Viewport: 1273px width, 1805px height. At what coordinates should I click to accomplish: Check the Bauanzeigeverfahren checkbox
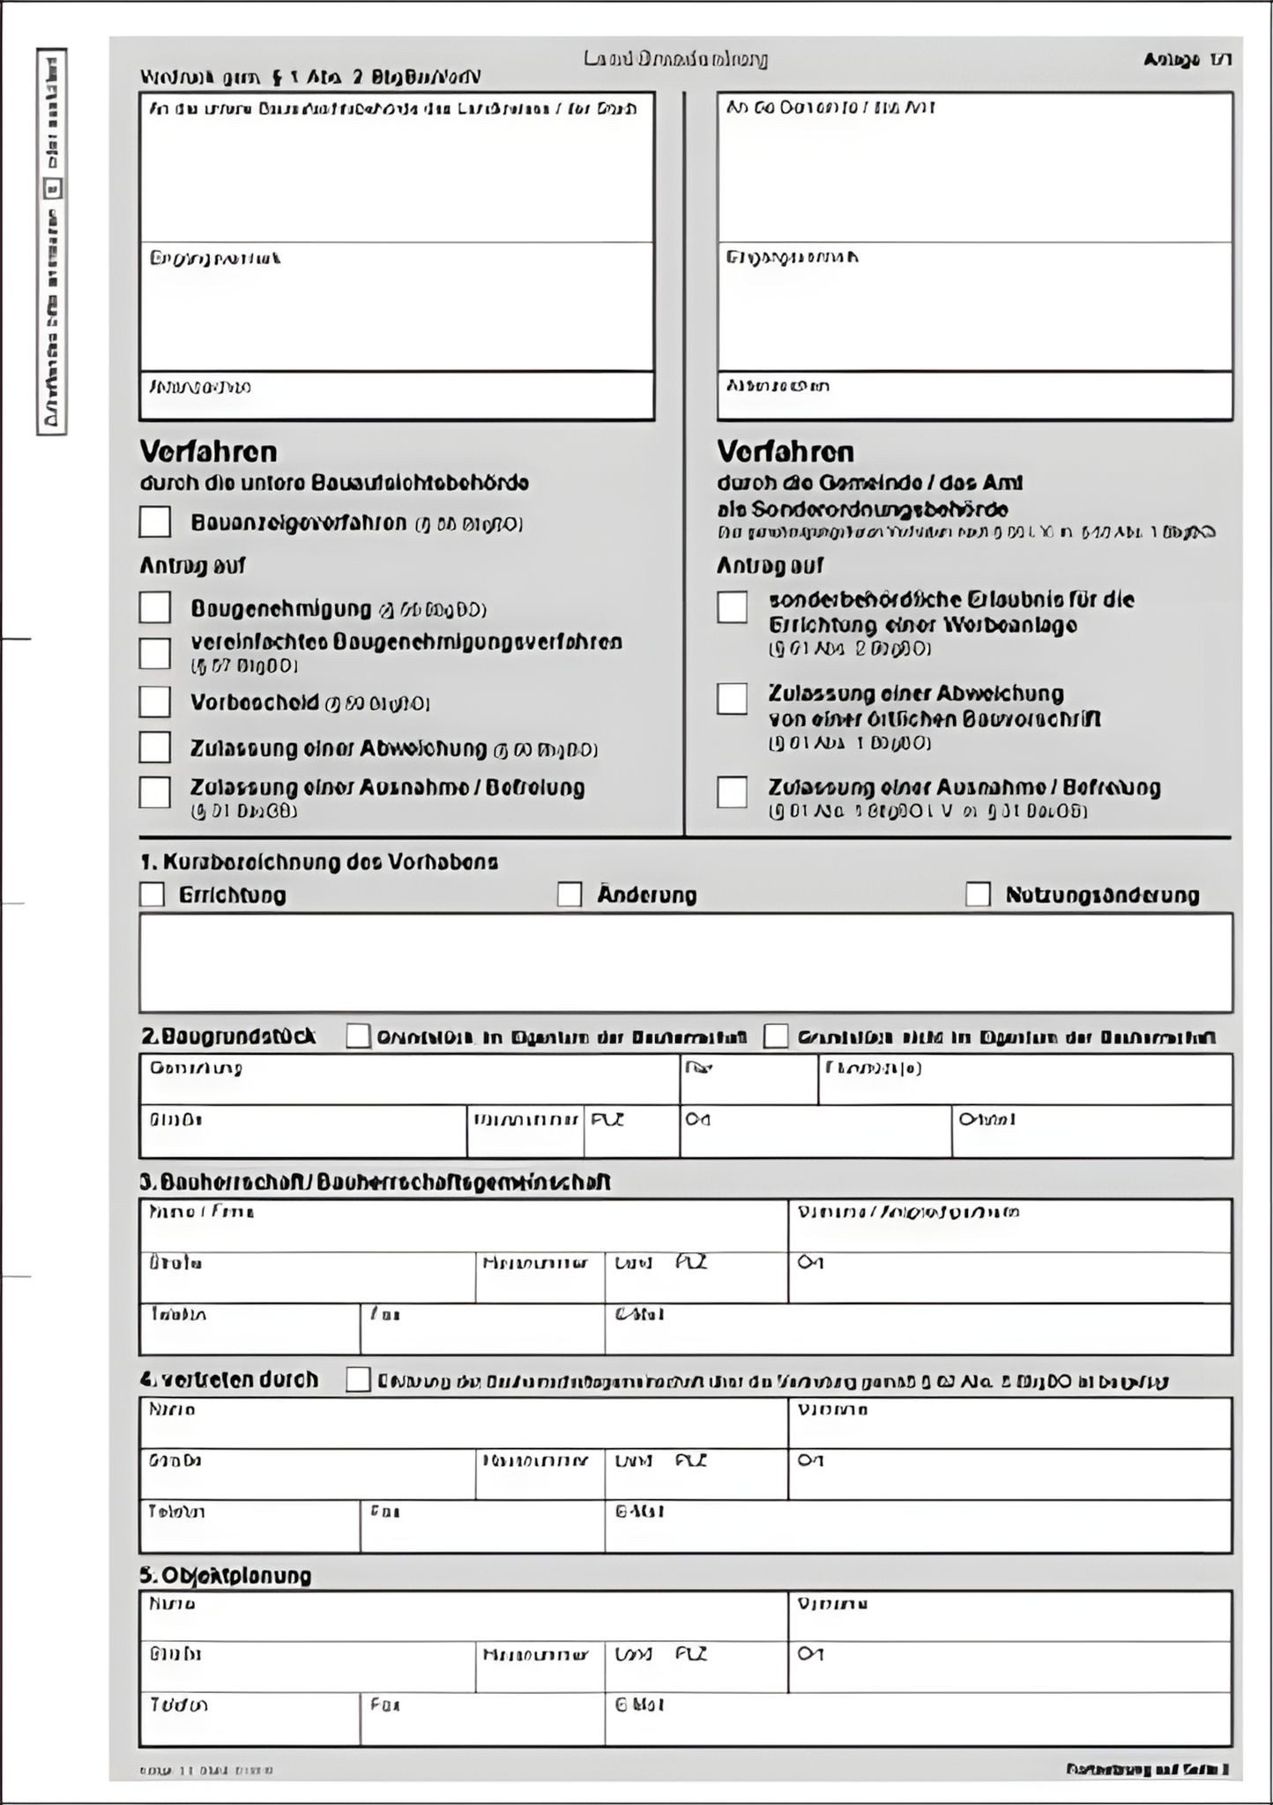pyautogui.click(x=155, y=522)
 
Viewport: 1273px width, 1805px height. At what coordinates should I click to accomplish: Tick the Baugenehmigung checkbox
pyautogui.click(x=155, y=607)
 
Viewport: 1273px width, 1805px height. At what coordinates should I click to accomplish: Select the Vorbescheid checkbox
pyautogui.click(x=155, y=702)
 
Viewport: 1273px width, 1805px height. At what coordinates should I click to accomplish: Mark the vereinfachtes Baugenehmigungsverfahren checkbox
pyautogui.click(x=155, y=653)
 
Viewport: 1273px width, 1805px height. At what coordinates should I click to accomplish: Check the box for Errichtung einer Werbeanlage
pyautogui.click(x=732, y=607)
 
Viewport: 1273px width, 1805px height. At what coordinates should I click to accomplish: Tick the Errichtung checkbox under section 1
pyautogui.click(x=153, y=895)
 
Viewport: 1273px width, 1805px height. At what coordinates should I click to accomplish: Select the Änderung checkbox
pyautogui.click(x=569, y=895)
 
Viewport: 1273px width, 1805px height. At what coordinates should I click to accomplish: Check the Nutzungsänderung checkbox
pyautogui.click(x=978, y=895)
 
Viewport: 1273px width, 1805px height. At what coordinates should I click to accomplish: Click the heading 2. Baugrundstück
pyautogui.click(x=228, y=1036)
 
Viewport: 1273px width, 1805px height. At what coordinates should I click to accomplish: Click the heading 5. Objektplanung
pyautogui.click(x=226, y=1575)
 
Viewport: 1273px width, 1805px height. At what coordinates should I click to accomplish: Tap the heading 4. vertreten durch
pyautogui.click(x=229, y=1379)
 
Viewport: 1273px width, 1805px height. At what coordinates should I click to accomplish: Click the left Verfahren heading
pyautogui.click(x=209, y=452)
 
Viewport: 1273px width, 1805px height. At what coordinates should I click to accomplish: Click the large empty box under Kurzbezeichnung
pyautogui.click(x=685, y=962)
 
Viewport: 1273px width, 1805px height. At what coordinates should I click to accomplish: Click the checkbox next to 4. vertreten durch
pyautogui.click(x=358, y=1380)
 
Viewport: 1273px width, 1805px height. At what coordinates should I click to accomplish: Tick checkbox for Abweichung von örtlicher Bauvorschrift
pyautogui.click(x=732, y=698)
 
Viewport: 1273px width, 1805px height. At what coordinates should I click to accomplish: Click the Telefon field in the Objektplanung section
pyautogui.click(x=249, y=1719)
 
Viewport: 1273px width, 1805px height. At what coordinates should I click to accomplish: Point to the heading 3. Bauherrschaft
pyautogui.click(x=376, y=1183)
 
